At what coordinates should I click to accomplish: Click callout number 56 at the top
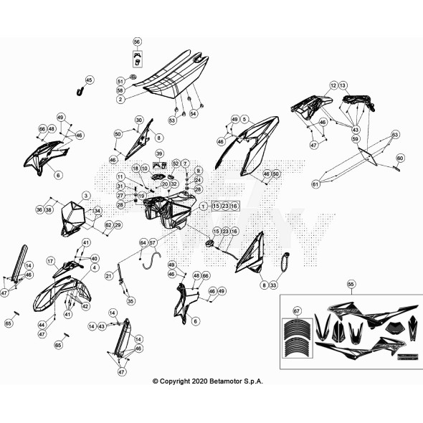tap(137, 42)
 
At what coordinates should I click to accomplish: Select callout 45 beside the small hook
tap(90, 80)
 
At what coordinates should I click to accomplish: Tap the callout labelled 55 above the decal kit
tap(351, 285)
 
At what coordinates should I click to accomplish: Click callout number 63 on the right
tap(394, 134)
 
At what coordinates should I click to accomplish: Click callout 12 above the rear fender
tap(333, 85)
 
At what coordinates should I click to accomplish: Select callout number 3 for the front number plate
tap(85, 195)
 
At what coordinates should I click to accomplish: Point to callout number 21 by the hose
tap(109, 275)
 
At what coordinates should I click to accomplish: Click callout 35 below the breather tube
tap(130, 302)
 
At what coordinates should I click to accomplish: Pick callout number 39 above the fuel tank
tap(159, 153)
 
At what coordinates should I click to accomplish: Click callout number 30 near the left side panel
tap(140, 120)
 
